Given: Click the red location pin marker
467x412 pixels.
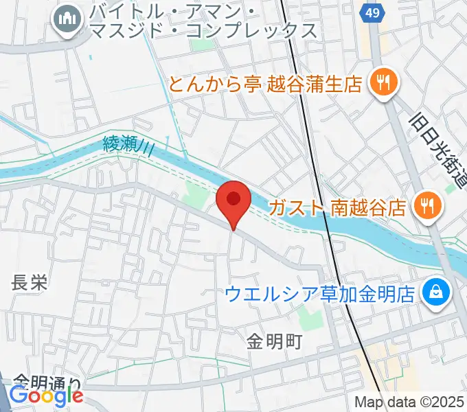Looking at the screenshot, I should click(233, 201).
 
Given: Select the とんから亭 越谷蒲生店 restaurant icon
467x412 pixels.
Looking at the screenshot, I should click(382, 84).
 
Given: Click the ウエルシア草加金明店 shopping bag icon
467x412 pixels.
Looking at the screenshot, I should click(435, 293).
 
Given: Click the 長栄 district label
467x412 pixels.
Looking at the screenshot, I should click(30, 282).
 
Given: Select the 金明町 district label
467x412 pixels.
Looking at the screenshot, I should click(275, 341).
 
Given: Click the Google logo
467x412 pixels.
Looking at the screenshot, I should click(46, 396).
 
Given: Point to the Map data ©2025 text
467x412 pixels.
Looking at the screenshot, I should click(410, 402).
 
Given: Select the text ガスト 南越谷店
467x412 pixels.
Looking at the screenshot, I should click(337, 207).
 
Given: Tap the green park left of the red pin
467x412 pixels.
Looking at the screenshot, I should click(196, 200).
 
